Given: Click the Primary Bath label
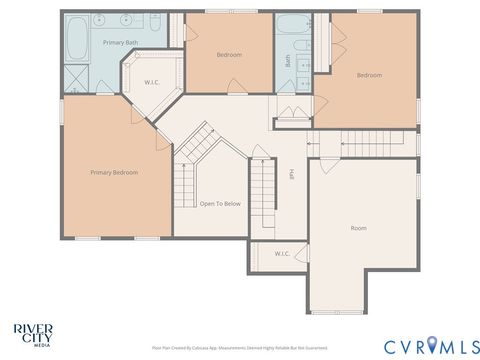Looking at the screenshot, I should pos(119,42).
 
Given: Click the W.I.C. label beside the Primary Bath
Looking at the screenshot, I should pos(152,82).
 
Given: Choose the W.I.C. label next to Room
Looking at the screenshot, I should pos(282,254).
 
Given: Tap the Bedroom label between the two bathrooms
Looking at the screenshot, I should pos(230,55).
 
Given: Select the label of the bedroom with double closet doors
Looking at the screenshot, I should pos(370,75).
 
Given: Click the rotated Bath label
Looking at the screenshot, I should pos(288,60).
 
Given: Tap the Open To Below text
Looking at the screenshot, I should pos(220,203).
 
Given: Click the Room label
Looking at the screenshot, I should pos(358,228).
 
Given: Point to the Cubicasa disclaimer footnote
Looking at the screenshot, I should pos(239,348).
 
